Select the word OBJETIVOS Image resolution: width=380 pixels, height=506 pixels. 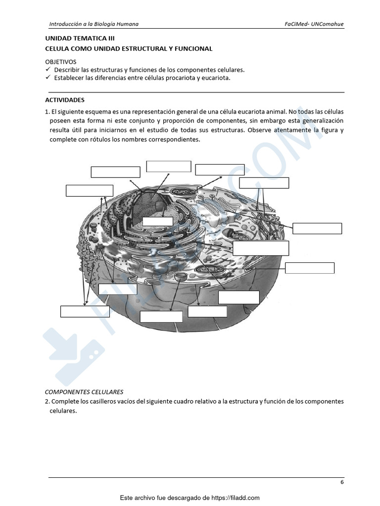click(x=61, y=62)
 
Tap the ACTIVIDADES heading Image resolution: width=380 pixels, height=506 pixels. click(x=65, y=100)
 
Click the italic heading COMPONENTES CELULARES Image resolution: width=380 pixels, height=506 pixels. click(x=84, y=392)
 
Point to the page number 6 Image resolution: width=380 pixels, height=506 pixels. click(x=342, y=482)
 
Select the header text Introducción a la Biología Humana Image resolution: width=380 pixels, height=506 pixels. click(x=94, y=24)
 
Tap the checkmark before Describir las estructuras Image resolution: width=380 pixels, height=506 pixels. click(x=48, y=70)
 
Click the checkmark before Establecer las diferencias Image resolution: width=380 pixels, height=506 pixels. click(x=48, y=78)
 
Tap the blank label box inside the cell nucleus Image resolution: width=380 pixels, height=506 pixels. click(x=157, y=221)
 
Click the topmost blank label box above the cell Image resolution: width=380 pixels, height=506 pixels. click(x=168, y=166)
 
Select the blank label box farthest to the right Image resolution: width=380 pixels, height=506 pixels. click(x=317, y=228)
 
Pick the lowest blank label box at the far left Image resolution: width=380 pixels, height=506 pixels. click(x=85, y=311)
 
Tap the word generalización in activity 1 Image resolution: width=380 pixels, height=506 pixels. click(x=320, y=121)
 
